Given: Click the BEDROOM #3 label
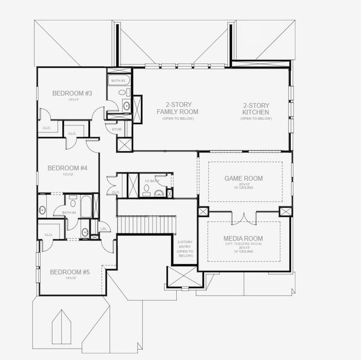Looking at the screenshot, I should [71, 93].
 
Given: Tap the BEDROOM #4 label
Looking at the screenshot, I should [68, 168].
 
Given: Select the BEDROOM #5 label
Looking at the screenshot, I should [70, 272].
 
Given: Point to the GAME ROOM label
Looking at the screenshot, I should [243, 179].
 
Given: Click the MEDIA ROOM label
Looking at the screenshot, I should [243, 239].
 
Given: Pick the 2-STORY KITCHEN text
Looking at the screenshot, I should [256, 109].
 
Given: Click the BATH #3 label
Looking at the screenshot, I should [118, 80].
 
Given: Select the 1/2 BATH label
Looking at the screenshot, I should [152, 181].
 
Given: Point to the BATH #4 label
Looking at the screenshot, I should [70, 212].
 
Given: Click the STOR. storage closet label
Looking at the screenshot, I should [117, 129].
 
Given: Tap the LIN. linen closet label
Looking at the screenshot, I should [103, 229].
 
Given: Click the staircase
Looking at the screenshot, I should [146, 226].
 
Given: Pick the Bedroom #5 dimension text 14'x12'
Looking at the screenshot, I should [70, 280].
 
